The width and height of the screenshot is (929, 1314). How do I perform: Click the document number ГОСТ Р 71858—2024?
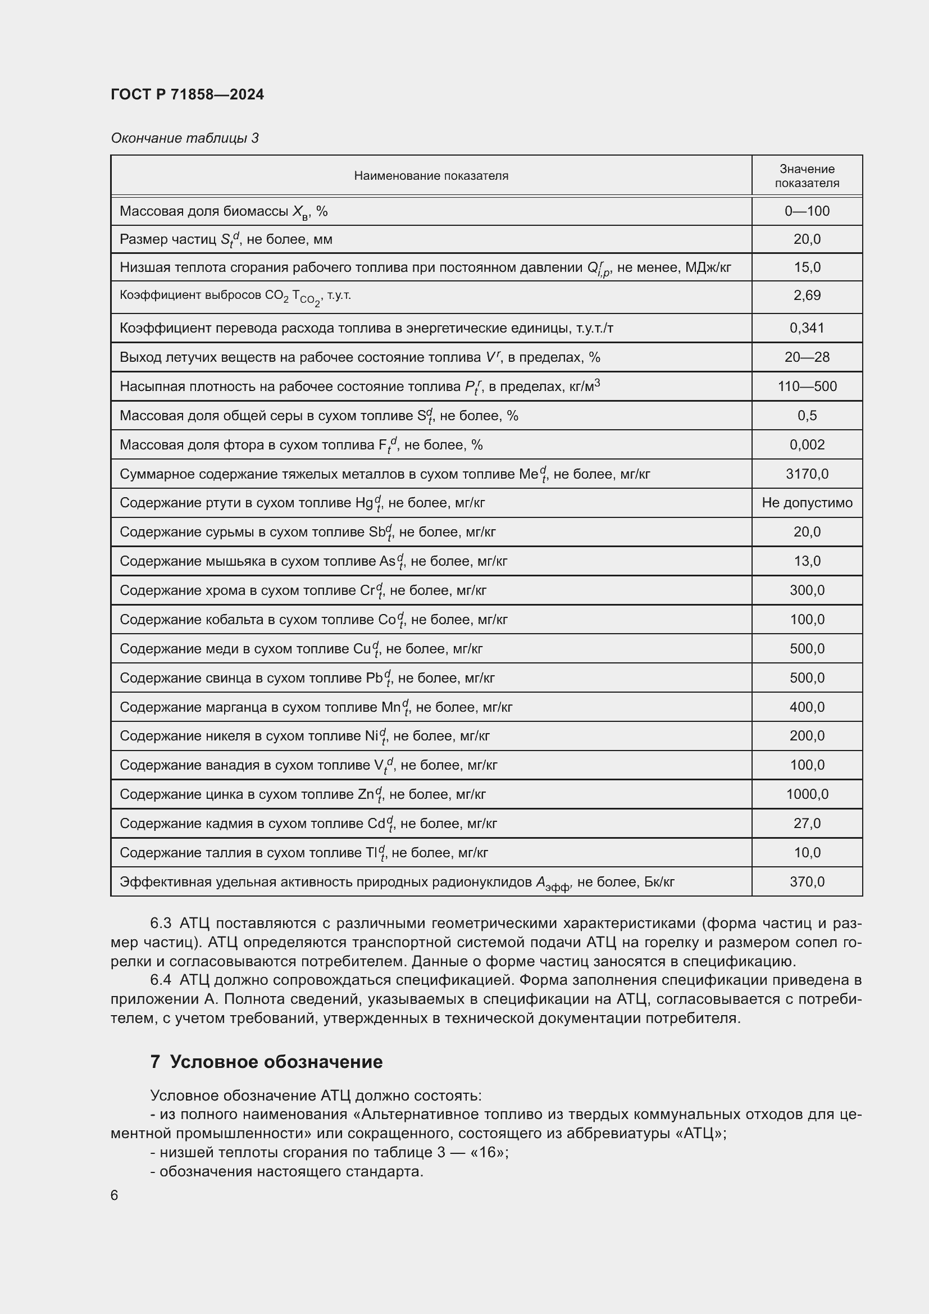[187, 94]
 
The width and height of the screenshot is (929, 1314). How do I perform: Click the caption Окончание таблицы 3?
[184, 138]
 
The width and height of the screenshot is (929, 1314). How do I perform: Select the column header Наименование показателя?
[431, 176]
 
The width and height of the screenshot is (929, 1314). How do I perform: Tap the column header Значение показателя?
[807, 176]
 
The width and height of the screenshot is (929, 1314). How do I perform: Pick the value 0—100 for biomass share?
[807, 211]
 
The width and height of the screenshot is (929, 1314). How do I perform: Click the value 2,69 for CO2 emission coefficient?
[807, 295]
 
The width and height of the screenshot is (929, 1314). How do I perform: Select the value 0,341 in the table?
[807, 328]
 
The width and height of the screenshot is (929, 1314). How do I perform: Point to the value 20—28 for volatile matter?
[807, 357]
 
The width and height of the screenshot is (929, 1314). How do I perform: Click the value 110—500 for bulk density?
[807, 387]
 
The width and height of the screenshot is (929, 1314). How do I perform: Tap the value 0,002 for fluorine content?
[807, 445]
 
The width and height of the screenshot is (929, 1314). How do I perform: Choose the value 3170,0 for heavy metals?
[807, 474]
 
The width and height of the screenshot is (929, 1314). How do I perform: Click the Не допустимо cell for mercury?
[807, 502]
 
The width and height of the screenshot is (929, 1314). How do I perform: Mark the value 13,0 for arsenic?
[807, 561]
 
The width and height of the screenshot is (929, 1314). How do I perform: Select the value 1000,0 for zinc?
[807, 794]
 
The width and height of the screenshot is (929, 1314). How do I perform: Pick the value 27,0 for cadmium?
[807, 823]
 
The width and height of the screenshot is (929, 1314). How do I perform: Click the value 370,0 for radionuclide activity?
[807, 881]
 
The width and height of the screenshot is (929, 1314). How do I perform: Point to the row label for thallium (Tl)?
[303, 853]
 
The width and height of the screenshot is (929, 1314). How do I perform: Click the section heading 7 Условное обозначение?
[266, 1062]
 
